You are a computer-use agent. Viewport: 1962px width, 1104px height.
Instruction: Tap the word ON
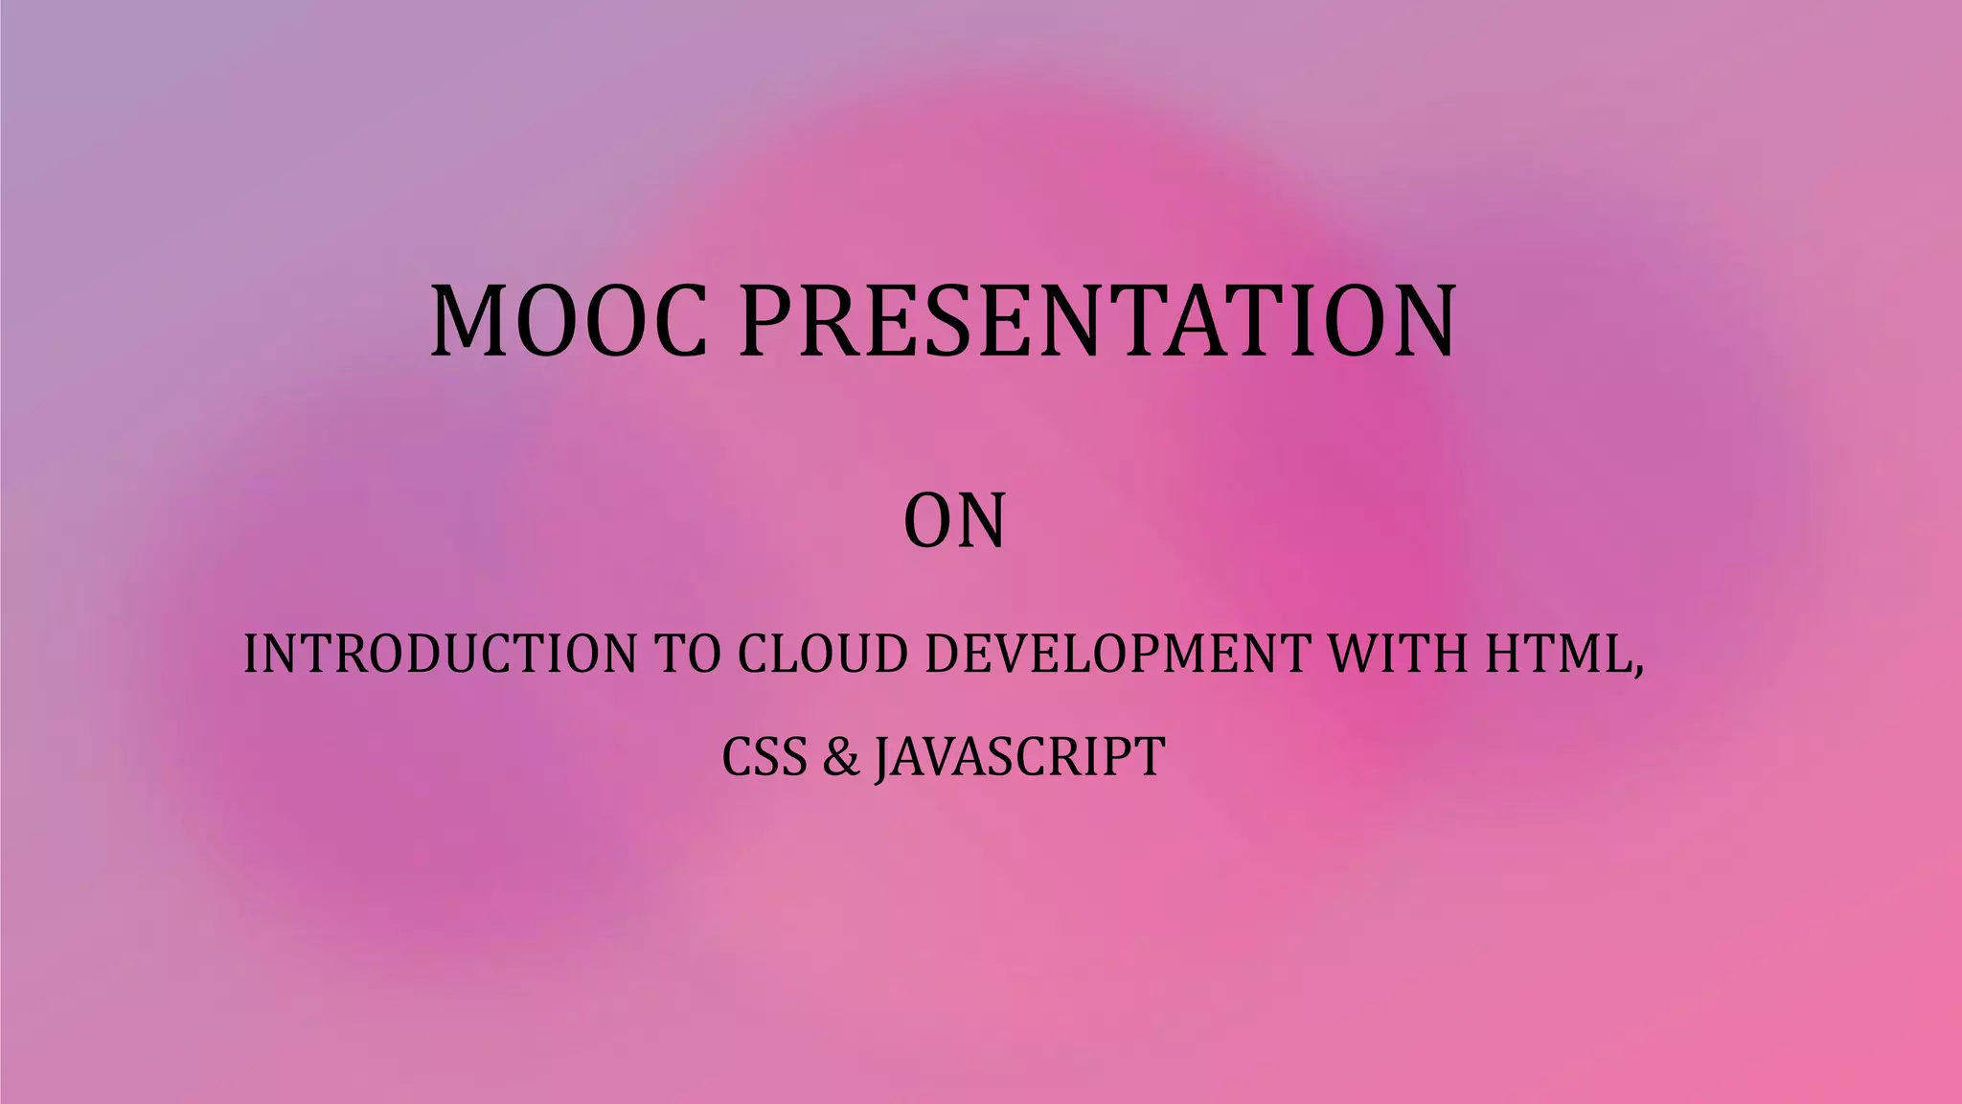click(x=954, y=522)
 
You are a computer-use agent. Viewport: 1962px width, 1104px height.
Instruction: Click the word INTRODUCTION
click(x=440, y=654)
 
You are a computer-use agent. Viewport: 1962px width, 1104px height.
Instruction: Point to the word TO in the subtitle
click(x=687, y=654)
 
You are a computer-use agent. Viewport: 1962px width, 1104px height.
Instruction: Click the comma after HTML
click(x=1637, y=670)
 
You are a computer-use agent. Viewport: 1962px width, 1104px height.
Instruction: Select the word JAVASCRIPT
click(x=1020, y=756)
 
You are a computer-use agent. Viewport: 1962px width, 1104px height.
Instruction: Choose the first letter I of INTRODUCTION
click(x=250, y=654)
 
